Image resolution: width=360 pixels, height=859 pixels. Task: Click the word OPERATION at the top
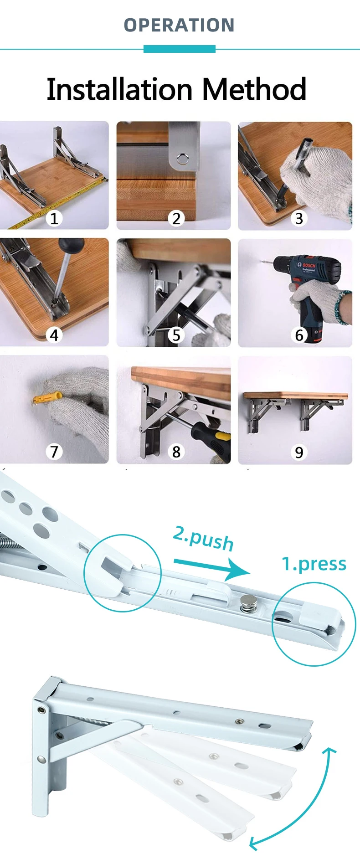179,26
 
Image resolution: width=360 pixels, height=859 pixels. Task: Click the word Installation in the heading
121,89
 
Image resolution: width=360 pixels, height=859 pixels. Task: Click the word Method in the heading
254,89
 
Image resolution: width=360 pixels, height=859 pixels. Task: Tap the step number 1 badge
54,219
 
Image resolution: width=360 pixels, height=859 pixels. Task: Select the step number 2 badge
176,219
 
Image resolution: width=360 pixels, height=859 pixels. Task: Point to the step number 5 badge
176,335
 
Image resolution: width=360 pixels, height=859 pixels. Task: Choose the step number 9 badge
299,452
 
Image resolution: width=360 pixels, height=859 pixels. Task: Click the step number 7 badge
54,452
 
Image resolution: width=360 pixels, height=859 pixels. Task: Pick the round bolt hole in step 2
183,159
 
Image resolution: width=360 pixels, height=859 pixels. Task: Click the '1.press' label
314,564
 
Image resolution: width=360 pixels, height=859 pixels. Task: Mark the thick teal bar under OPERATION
180,49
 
